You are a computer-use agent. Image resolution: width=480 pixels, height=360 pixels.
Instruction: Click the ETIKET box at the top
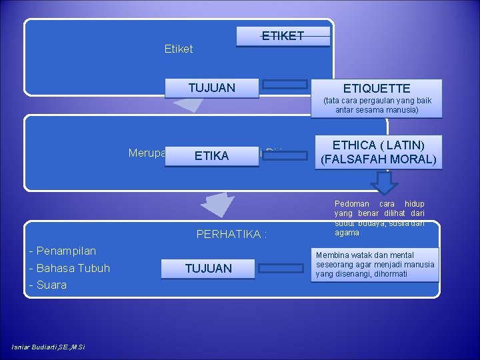[283, 36]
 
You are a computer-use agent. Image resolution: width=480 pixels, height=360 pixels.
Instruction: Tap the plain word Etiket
[178, 49]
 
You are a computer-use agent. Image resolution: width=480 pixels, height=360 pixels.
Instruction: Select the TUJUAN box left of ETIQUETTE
[211, 88]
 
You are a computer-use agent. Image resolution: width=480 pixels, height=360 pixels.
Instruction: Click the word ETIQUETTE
[376, 88]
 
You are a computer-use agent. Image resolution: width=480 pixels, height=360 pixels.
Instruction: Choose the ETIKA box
[211, 156]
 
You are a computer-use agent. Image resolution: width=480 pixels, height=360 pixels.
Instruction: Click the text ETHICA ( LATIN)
[378, 145]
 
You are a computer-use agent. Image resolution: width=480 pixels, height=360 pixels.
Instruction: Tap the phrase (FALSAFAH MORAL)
[378, 159]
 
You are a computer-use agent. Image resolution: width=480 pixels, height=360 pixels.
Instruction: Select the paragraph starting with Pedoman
[379, 218]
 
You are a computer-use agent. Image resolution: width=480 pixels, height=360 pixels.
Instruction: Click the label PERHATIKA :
[231, 234]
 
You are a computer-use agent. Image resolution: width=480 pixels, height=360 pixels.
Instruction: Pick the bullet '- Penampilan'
[63, 251]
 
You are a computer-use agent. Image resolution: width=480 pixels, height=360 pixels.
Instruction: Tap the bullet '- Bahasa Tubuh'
[69, 268]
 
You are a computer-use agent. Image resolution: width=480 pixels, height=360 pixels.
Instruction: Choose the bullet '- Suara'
[48, 285]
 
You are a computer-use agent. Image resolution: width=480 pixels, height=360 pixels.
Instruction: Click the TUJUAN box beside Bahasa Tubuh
[209, 269]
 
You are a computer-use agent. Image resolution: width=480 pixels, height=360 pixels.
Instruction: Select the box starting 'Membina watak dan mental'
[375, 265]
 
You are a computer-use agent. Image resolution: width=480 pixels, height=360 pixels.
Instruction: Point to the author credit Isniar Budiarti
[48, 346]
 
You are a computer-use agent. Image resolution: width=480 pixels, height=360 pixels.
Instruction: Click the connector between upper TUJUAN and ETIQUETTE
[284, 84]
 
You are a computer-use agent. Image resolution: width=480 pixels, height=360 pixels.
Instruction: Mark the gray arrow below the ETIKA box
[219, 203]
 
